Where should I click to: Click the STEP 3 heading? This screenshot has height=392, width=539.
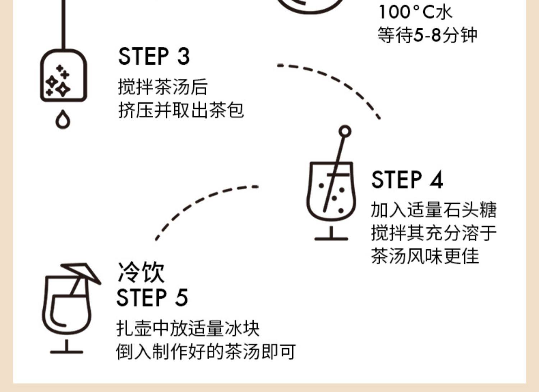[154, 56]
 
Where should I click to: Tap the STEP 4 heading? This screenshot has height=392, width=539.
[407, 180]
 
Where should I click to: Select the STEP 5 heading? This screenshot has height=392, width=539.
[152, 298]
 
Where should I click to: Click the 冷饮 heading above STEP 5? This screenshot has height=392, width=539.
[141, 272]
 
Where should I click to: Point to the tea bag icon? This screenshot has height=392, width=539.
[63, 75]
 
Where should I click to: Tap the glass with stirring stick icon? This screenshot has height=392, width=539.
[331, 194]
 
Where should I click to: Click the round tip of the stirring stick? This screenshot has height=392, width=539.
[345, 132]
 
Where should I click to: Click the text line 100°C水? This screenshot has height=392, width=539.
[415, 12]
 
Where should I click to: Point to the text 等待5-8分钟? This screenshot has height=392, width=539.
[427, 35]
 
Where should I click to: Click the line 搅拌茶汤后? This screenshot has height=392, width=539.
[163, 87]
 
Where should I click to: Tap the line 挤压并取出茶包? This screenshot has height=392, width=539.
[181, 110]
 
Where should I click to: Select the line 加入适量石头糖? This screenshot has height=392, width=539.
[434, 210]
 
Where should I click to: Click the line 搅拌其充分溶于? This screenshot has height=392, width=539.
[434, 233]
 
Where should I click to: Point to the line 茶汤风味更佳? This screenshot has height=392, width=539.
[425, 256]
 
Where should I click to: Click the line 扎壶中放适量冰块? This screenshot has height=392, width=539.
[188, 328]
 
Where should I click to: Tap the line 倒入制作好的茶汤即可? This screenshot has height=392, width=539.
[206, 351]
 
